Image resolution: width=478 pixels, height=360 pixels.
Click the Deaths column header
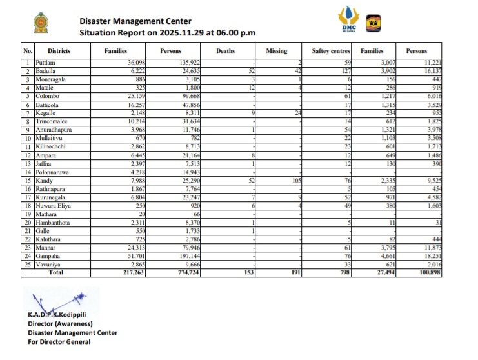(x=225, y=51)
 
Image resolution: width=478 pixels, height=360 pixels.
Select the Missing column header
(x=277, y=51)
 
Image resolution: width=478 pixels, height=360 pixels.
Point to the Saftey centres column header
(x=330, y=51)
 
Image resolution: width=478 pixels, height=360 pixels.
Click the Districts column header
(x=59, y=51)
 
